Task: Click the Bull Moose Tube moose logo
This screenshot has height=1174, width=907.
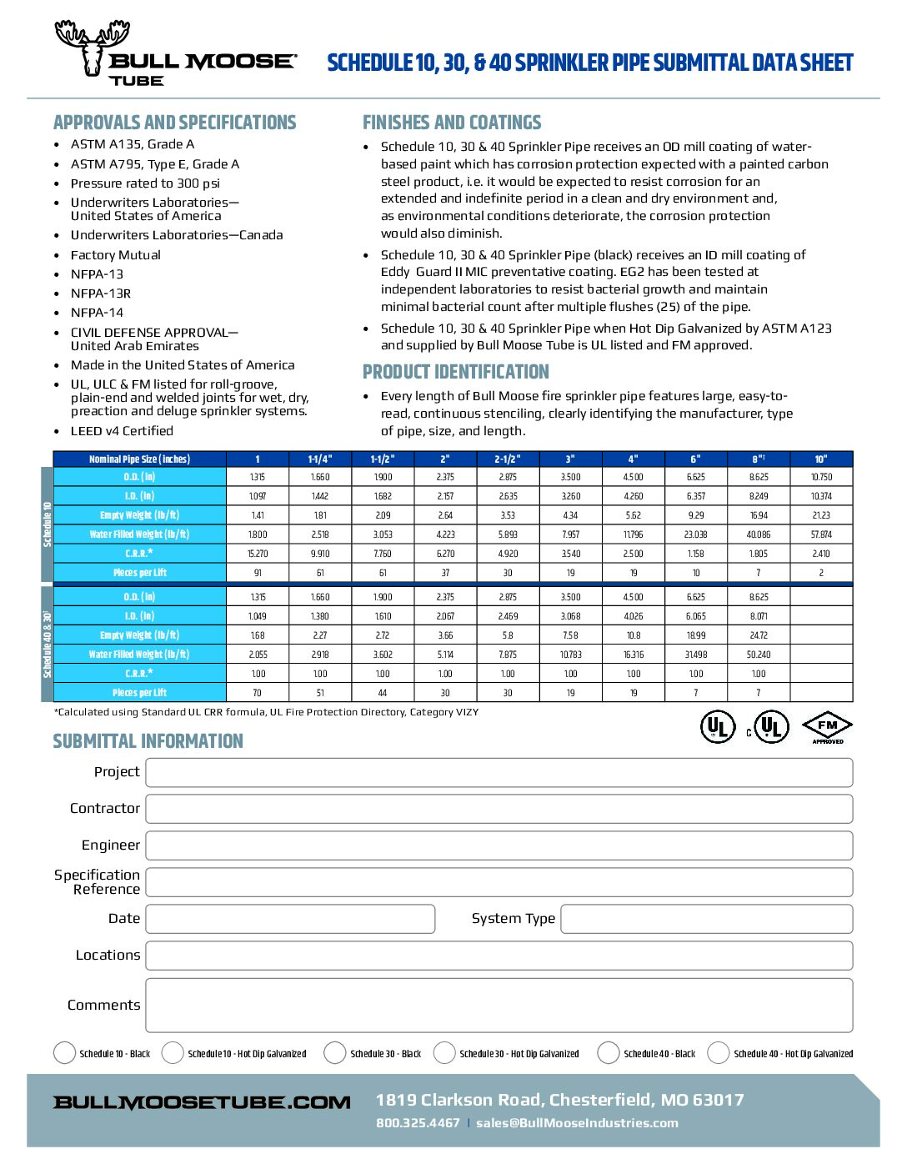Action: click(92, 48)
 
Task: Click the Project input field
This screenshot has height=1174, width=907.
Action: click(499, 772)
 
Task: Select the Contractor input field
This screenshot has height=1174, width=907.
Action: click(499, 809)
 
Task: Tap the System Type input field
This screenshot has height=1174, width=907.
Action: click(706, 919)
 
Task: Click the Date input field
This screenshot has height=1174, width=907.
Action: click(290, 919)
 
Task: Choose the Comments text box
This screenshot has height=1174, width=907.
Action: click(499, 1006)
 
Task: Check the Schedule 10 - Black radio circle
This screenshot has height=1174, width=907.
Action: click(64, 1053)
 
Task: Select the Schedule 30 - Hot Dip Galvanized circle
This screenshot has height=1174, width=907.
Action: click(444, 1053)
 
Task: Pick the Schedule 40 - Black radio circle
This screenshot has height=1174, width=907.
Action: click(609, 1053)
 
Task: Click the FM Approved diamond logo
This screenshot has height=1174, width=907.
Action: click(827, 728)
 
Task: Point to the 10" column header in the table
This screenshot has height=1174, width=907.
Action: click(821, 459)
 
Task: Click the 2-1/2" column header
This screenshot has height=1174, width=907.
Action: click(508, 459)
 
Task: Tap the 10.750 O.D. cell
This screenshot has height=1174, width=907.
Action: click(821, 477)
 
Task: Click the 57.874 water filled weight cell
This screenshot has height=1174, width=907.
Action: click(821, 534)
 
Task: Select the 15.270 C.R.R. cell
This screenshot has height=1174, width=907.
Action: click(258, 554)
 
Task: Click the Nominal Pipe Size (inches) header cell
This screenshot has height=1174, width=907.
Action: click(139, 459)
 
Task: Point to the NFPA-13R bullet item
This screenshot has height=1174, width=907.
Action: click(101, 293)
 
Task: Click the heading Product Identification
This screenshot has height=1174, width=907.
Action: click(456, 372)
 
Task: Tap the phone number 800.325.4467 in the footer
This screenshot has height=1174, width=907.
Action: click(418, 1123)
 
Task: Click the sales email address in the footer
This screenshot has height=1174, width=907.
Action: click(577, 1123)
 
